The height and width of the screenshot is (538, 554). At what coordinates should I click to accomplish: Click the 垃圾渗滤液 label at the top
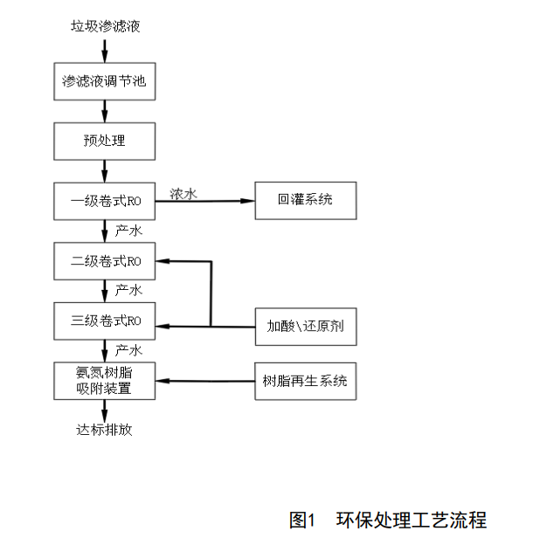[x=105, y=25]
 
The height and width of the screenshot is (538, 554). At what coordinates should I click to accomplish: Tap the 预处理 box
[x=105, y=141]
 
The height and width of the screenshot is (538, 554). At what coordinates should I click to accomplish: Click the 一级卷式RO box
[x=105, y=202]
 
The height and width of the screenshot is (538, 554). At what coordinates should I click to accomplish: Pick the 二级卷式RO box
[x=105, y=260]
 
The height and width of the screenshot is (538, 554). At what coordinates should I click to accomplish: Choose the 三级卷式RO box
[x=105, y=320]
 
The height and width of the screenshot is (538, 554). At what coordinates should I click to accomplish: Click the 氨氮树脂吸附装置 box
[x=105, y=381]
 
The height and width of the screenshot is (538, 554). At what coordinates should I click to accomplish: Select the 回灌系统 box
[x=305, y=202]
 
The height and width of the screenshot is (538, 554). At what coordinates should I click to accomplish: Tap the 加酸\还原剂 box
[x=305, y=328]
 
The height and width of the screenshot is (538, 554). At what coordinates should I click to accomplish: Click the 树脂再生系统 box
[x=305, y=381]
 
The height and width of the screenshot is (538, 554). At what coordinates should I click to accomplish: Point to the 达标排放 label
[x=105, y=430]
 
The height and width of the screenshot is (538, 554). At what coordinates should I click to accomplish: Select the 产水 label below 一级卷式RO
[x=128, y=231]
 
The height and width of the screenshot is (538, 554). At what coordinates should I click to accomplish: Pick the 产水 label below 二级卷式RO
[x=128, y=290]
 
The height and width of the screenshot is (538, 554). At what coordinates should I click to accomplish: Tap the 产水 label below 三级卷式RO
[x=128, y=350]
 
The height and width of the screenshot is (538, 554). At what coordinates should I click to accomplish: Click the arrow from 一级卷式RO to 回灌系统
[x=205, y=202]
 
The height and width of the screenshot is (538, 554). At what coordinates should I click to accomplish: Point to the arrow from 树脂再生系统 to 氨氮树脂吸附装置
[x=205, y=381]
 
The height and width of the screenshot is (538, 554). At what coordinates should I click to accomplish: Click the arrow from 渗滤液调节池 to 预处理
[x=105, y=111]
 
